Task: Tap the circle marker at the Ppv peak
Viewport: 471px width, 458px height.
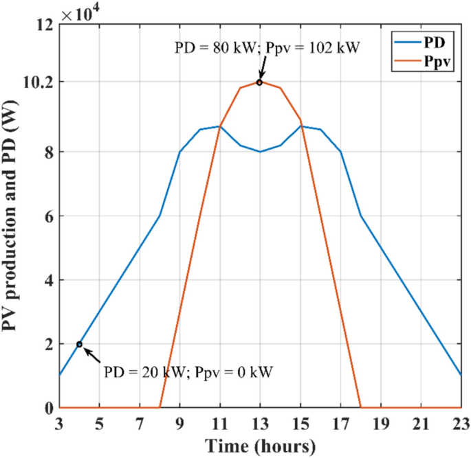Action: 260,82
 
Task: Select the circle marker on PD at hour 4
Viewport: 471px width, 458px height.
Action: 79,344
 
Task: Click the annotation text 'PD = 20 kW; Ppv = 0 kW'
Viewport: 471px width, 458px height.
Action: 188,373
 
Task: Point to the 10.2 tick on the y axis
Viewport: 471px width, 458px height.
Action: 40,82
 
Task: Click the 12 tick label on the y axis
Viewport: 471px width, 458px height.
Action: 45,26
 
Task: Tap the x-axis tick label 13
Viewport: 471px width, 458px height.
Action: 260,422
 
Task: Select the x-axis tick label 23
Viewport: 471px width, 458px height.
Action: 461,422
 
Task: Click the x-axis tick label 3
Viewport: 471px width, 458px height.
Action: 59,422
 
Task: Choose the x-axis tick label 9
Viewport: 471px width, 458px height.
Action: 179,422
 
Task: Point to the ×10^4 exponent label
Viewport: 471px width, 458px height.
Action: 79,14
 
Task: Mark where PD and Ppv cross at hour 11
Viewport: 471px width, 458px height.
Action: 220,126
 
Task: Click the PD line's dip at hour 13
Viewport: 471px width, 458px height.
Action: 260,151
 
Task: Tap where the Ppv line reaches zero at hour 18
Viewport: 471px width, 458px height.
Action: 360,408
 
